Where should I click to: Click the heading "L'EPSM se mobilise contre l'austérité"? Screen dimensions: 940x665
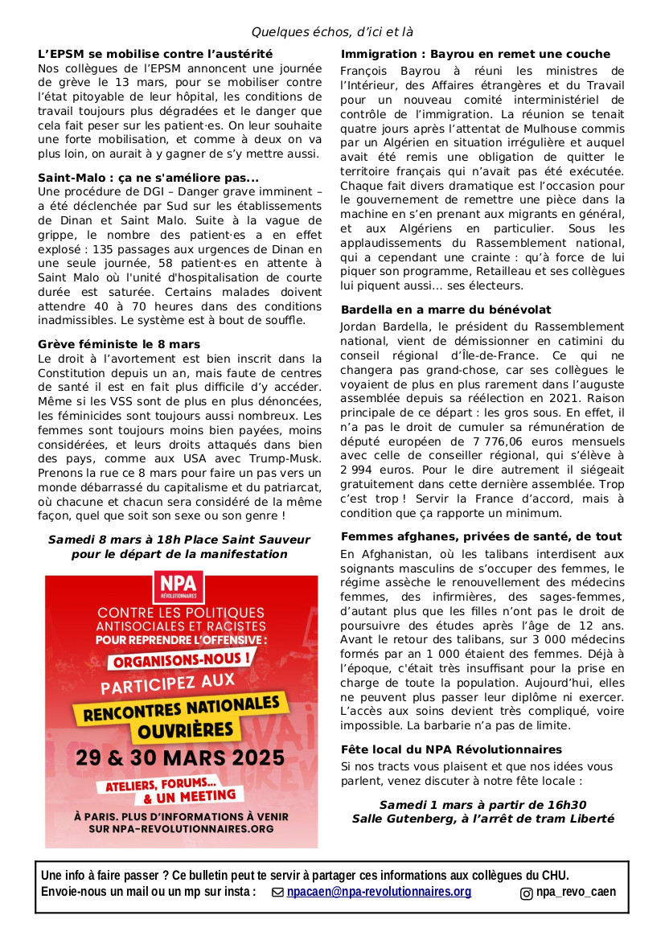coord(155,54)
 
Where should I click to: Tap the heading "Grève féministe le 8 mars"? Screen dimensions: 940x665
coord(119,344)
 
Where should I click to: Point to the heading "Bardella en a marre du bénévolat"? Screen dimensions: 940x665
coord(446,310)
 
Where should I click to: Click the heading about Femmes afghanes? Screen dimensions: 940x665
coord(481,536)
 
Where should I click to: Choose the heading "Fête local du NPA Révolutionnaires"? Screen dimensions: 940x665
coord(451,749)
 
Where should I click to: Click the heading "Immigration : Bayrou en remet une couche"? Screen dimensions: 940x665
coord(475,54)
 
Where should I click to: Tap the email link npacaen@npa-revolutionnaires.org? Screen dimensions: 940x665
coord(379,892)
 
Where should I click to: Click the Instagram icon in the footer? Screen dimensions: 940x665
coord(526,893)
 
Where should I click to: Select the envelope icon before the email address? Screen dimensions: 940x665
coord(278,893)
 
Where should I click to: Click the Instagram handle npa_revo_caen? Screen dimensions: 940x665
coord(576,892)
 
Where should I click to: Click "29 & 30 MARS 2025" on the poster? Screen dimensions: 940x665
coord(180,757)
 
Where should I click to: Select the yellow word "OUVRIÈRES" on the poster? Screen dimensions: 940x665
coord(181,730)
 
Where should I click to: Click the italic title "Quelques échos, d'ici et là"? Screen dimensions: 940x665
coord(332,32)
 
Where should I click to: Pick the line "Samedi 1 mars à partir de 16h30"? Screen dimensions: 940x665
coord(482,805)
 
